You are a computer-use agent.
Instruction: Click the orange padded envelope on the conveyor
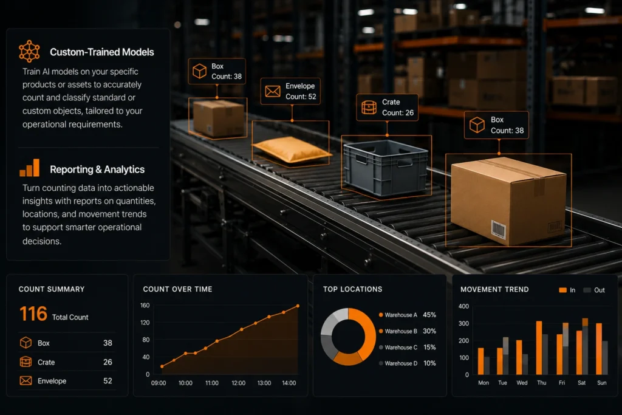[x=292, y=149]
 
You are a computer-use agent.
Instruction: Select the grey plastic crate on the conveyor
[x=386, y=168]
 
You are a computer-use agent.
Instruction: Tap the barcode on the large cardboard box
[x=498, y=229]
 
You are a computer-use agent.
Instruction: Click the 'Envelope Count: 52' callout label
[x=290, y=91]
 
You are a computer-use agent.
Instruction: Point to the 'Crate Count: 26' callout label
[x=387, y=108]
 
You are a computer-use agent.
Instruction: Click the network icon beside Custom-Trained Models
[x=29, y=51]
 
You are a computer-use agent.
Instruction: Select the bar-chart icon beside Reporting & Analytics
[x=29, y=168]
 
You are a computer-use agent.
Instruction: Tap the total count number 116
[x=33, y=314]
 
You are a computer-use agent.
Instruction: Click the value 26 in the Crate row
[x=108, y=362]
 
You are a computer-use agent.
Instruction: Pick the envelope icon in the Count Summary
[x=26, y=380]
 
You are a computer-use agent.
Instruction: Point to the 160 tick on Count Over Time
[x=145, y=305]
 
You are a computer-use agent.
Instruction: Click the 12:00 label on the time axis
[x=238, y=383]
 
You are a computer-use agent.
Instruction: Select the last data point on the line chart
[x=298, y=306]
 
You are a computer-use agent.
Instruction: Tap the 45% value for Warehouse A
[x=429, y=315]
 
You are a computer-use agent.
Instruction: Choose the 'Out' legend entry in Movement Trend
[x=594, y=290]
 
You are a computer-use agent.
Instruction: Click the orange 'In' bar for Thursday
[x=539, y=348]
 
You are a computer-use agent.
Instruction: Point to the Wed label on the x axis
[x=522, y=382]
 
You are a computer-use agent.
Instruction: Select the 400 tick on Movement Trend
[x=463, y=306]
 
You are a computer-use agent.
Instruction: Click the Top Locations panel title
[x=353, y=289]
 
